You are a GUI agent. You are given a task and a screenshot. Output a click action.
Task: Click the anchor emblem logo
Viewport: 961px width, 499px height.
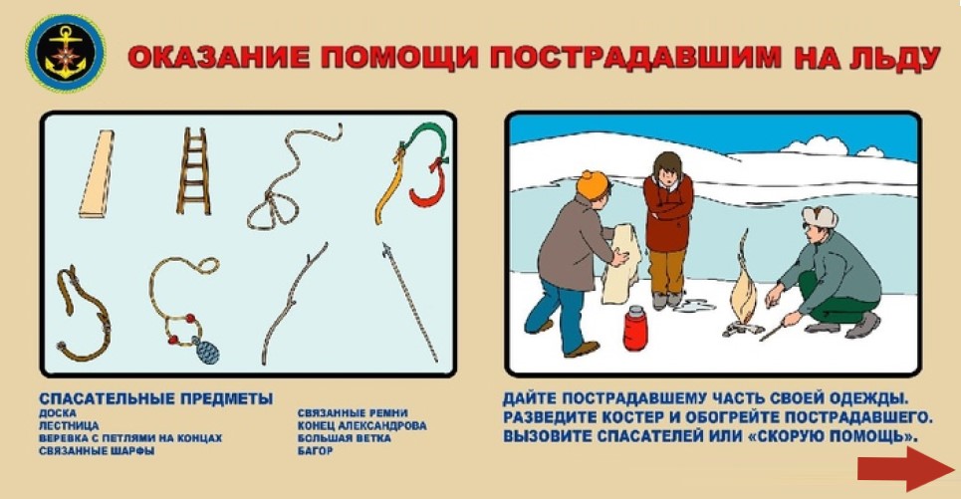(65, 53)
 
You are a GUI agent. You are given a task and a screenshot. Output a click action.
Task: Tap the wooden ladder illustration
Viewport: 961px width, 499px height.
(193, 171)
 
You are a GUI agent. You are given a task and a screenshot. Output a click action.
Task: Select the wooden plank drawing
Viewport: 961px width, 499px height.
(97, 173)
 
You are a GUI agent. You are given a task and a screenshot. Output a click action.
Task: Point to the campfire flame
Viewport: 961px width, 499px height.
(744, 288)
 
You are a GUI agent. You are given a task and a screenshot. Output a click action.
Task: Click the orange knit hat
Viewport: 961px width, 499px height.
(593, 184)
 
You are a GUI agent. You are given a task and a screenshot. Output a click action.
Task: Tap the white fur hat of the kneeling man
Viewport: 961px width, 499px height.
(820, 216)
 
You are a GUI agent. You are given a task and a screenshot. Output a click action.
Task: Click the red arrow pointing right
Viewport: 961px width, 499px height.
(906, 469)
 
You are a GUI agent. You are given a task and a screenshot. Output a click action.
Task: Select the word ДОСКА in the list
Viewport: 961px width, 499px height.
(58, 413)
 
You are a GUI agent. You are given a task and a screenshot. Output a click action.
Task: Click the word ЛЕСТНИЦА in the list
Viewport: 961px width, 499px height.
(69, 425)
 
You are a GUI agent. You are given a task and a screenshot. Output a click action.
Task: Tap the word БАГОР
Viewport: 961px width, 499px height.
(315, 450)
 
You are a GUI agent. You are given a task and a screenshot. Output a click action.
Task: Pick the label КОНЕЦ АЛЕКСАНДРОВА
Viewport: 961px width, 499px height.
(362, 425)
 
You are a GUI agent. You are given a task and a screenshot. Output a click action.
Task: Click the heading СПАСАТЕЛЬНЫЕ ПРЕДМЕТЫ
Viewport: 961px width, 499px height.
(155, 399)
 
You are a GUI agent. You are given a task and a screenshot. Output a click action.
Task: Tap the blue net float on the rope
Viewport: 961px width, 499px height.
(206, 352)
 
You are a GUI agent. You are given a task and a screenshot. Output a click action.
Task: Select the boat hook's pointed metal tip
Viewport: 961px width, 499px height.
(386, 248)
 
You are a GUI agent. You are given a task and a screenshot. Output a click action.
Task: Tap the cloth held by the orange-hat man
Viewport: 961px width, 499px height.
(621, 264)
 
